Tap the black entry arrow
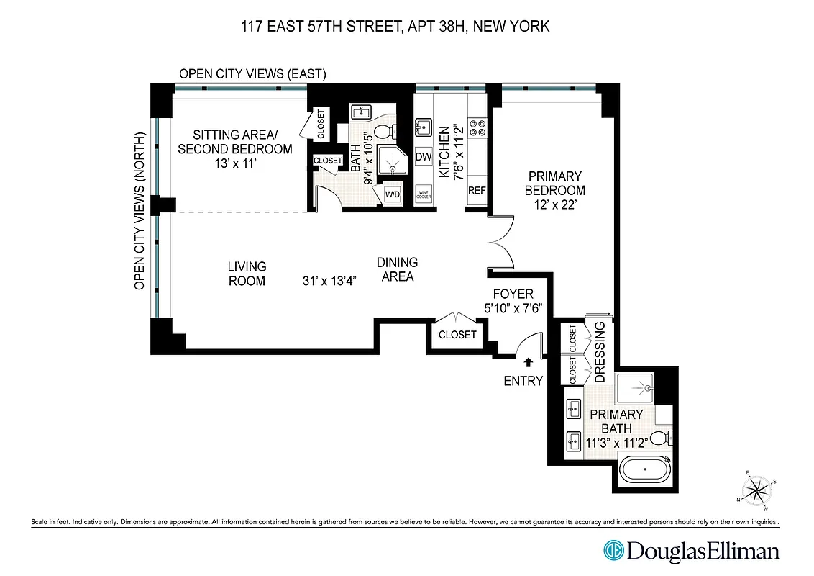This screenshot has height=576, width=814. [x=529, y=363]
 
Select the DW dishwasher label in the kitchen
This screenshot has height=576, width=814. [x=424, y=156]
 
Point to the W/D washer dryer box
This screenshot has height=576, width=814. [x=393, y=194]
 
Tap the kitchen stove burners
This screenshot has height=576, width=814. [x=477, y=128]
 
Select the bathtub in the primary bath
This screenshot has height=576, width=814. [x=645, y=473]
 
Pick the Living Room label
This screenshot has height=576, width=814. [x=247, y=274]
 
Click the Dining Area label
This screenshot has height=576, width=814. [x=397, y=269]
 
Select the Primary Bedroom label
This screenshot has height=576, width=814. [x=554, y=183]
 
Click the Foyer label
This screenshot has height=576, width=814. [x=513, y=294]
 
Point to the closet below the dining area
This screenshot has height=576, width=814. [x=457, y=334]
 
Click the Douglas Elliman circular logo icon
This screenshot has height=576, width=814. [x=613, y=552]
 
